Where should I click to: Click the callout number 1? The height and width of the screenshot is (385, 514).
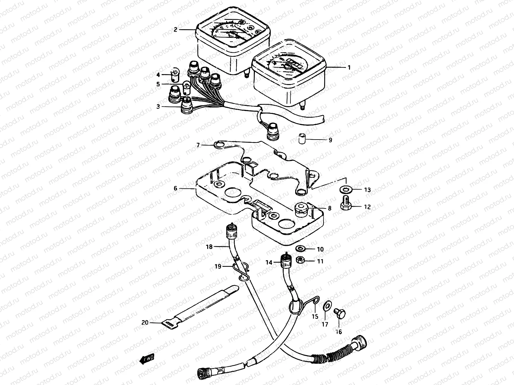pos(349,68)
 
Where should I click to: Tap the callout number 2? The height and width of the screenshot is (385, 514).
pos(175,30)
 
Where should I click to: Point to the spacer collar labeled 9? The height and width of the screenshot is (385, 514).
pos(301,140)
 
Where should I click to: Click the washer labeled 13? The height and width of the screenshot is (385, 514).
pos(346,189)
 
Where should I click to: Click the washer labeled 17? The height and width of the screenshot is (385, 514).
pos(327,304)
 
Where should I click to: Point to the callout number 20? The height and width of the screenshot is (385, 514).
pos(145,322)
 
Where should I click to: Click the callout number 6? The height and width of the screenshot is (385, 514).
pos(175,189)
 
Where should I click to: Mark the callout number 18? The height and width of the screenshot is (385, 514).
pos(209,247)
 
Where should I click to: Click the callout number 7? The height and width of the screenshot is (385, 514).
pos(198,145)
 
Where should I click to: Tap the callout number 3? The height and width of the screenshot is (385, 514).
pos(158,107)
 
